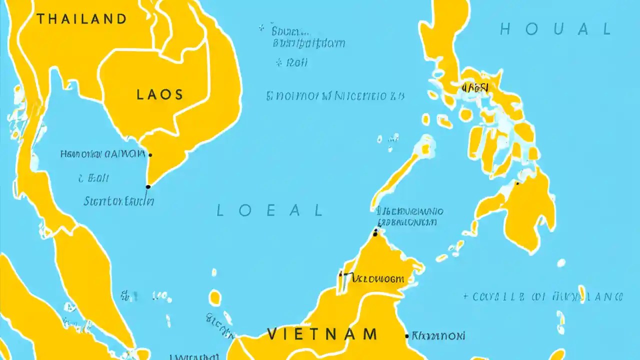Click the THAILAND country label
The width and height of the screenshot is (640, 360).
[82, 19]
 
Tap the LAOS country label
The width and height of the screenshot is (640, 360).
[159, 94]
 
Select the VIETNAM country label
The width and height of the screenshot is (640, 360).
[322, 333]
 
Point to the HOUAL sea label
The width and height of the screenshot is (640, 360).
[555, 29]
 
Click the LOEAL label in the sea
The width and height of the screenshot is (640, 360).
[269, 210]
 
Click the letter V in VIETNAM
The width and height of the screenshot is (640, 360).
[272, 333]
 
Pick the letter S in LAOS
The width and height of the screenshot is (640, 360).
[178, 94]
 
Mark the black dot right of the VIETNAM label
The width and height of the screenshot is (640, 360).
[407, 335]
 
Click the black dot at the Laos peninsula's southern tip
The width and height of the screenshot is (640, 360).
[148, 187]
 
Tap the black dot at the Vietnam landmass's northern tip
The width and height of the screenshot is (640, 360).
[375, 231]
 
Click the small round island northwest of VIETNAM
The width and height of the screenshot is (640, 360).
[215, 298]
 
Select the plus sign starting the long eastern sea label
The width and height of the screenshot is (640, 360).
[465, 296]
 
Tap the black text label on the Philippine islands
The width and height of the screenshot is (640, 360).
[475, 88]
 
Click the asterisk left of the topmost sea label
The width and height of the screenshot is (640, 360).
[261, 29]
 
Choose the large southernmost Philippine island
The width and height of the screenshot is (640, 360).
[520, 210]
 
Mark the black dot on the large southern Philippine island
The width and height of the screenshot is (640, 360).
[517, 183]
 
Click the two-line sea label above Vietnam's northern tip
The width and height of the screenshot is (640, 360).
[410, 216]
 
